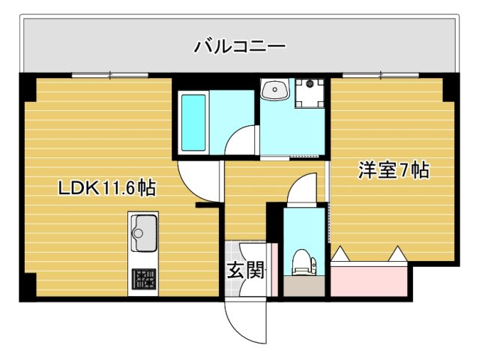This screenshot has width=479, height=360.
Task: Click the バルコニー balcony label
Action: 240,46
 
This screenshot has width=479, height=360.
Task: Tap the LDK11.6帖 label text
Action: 107,187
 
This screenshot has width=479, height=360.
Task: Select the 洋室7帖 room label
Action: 393,171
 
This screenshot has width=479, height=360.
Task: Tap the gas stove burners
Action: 143,280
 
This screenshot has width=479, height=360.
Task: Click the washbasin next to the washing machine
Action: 276,91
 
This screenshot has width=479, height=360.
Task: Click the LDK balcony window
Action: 110,75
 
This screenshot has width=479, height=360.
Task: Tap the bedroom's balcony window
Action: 381,75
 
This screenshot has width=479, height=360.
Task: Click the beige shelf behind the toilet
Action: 304,285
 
